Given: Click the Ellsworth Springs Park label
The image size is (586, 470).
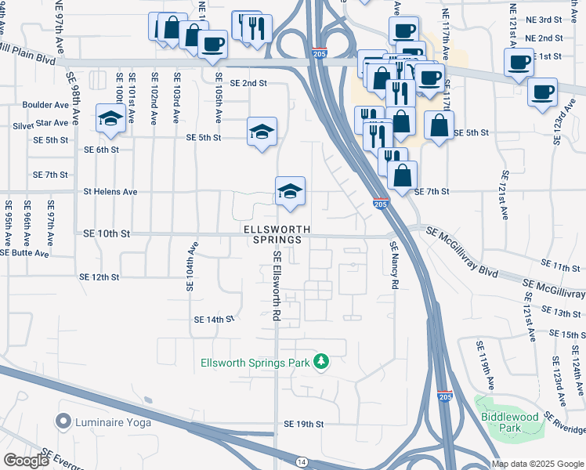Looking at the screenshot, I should click(255, 362).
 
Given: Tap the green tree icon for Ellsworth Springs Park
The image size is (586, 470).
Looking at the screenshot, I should click(320, 362).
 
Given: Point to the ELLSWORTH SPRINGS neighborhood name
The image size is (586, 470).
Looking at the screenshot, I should click(277, 234).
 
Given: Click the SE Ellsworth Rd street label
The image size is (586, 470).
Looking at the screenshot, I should click(277, 286).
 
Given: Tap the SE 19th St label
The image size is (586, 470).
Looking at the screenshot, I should click(304, 424).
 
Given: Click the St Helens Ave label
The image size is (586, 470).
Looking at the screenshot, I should click(110, 191).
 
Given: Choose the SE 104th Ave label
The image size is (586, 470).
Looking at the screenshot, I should click(190, 266).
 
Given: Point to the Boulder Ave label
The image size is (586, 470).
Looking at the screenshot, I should click(45, 105).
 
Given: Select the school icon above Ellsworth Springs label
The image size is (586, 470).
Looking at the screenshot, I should click(290, 190).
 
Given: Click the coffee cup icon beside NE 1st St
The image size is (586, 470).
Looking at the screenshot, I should click(519, 62).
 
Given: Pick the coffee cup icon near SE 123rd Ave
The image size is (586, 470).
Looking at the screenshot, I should click(542, 92).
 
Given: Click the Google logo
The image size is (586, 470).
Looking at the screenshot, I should click(26, 461).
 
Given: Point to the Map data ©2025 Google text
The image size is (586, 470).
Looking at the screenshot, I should click(537, 464).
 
